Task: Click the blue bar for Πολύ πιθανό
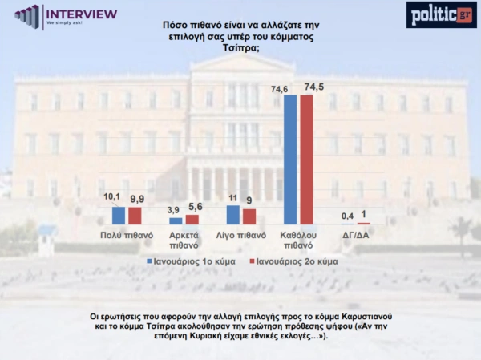[x=119, y=216]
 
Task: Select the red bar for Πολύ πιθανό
[x=135, y=216]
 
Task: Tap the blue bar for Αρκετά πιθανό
[x=176, y=220]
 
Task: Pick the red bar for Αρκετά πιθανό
[x=192, y=219]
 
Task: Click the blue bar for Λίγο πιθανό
[x=233, y=215]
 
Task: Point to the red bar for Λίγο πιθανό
[x=249, y=216]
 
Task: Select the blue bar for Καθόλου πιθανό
[x=290, y=160]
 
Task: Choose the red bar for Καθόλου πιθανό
[x=306, y=160]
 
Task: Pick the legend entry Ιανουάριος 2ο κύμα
[x=291, y=261]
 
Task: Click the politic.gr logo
[x=440, y=14]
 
